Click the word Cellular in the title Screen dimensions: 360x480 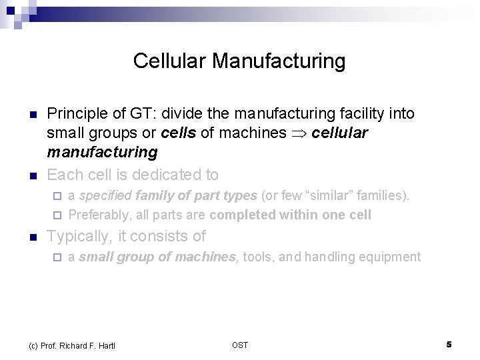point(170,61)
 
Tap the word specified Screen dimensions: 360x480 point(105,196)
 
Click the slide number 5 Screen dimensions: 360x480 point(449,345)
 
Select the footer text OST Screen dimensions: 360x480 point(240,345)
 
